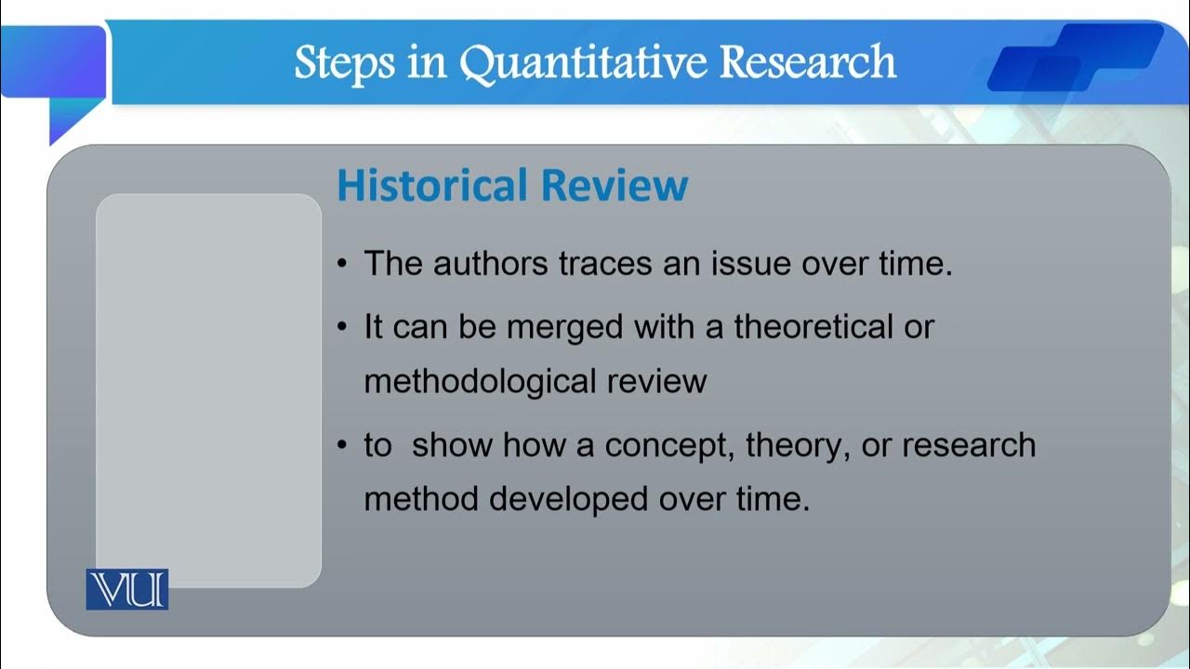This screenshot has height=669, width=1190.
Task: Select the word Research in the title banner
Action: click(808, 63)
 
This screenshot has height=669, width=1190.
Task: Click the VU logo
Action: click(127, 590)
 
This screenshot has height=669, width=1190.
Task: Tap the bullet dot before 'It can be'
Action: click(342, 328)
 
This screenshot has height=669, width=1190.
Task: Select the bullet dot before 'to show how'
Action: click(342, 446)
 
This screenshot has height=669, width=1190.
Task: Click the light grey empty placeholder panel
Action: click(208, 372)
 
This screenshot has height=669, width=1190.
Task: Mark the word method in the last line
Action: click(421, 500)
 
